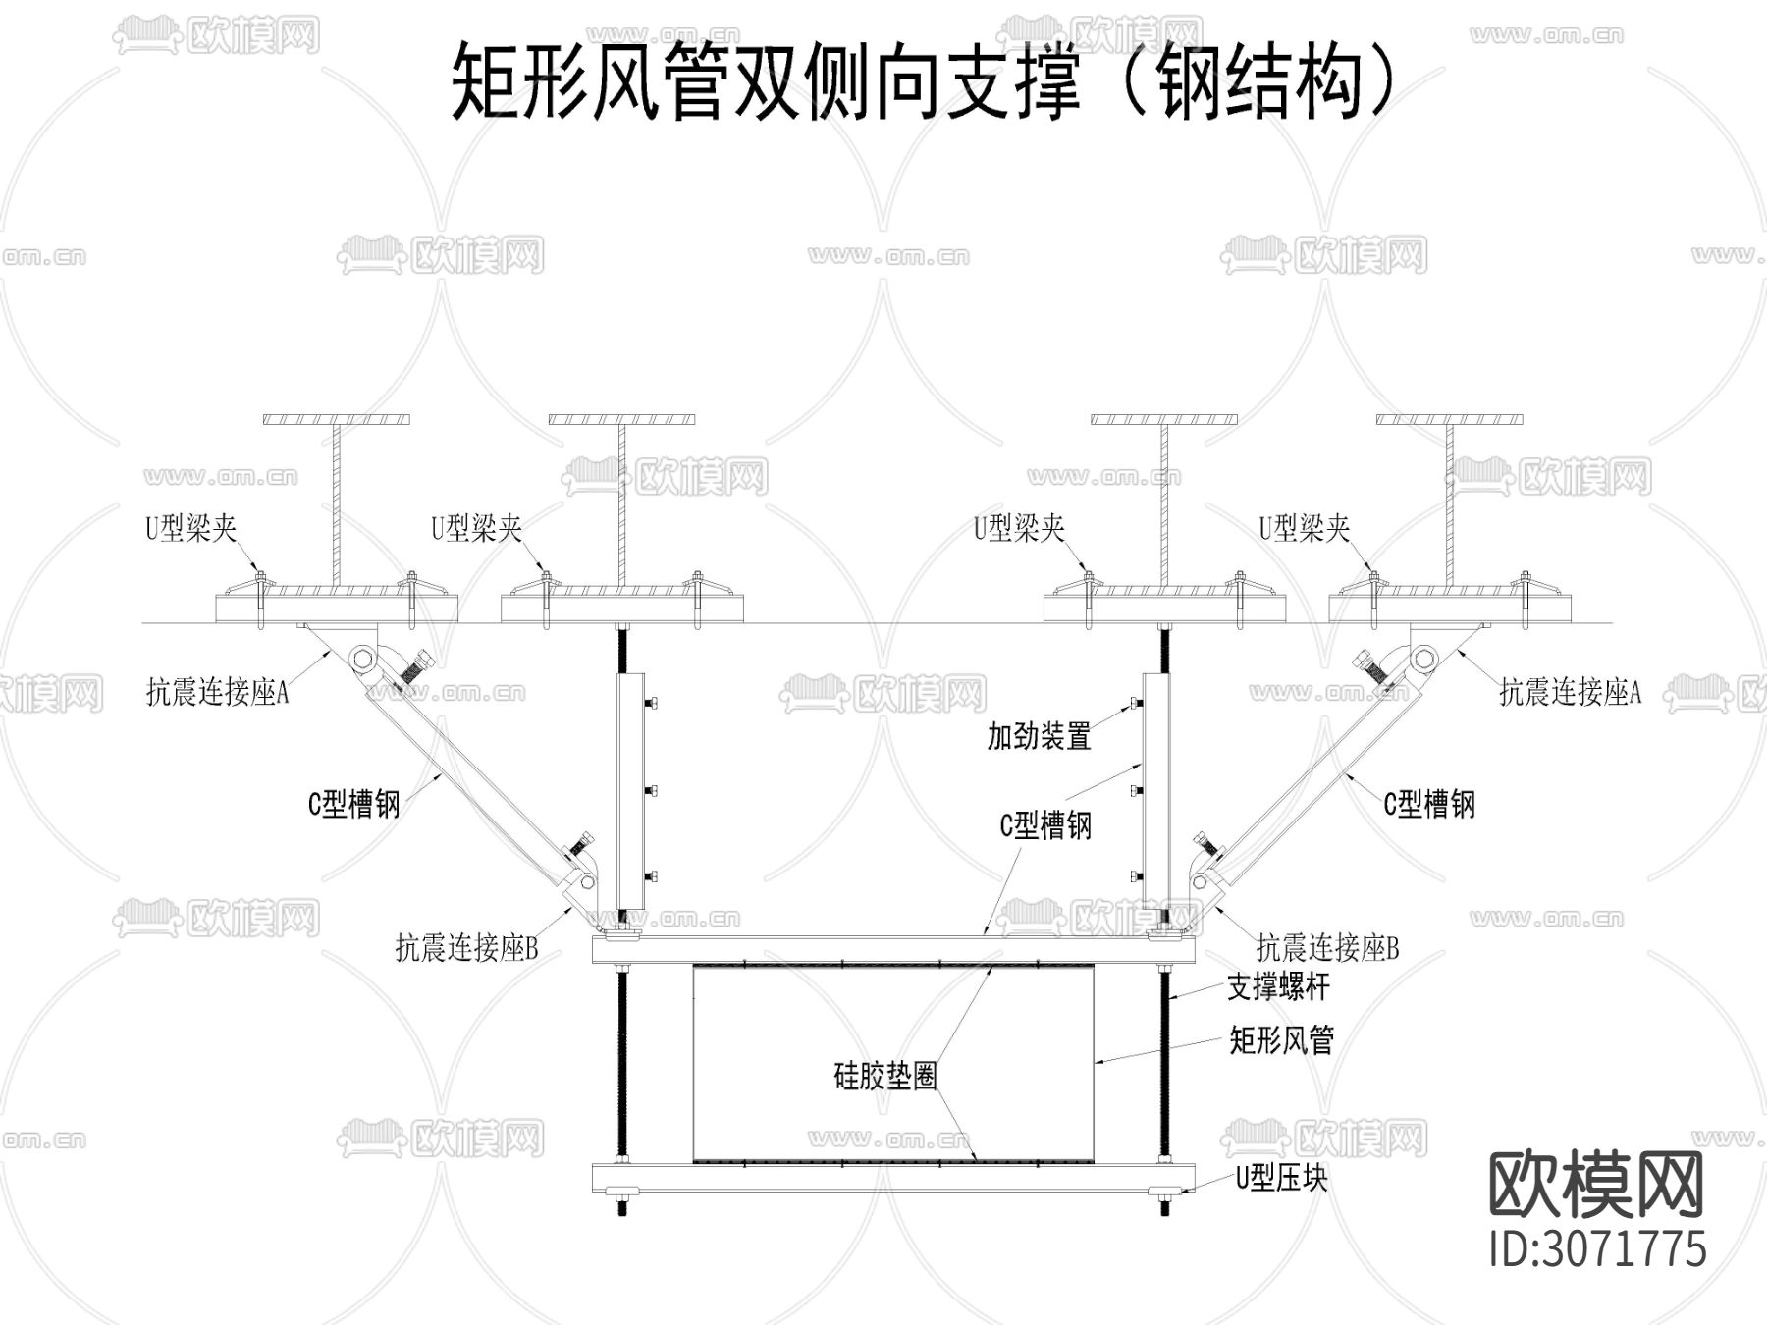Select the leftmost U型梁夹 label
point(191,529)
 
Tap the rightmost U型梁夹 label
point(1305,529)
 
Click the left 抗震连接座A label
point(217,693)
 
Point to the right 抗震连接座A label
point(1570,693)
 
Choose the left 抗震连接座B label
point(466,948)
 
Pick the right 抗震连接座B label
point(1327,948)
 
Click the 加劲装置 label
point(1039,736)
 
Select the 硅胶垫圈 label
point(885,1077)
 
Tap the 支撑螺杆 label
point(1278,987)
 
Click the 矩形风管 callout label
point(1281,1040)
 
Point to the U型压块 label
point(1281,1178)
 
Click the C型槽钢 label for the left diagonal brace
point(353,806)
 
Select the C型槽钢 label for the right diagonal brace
point(1429,805)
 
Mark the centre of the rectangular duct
point(893,1062)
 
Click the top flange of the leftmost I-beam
point(337,420)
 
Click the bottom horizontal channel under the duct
point(893,1177)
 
